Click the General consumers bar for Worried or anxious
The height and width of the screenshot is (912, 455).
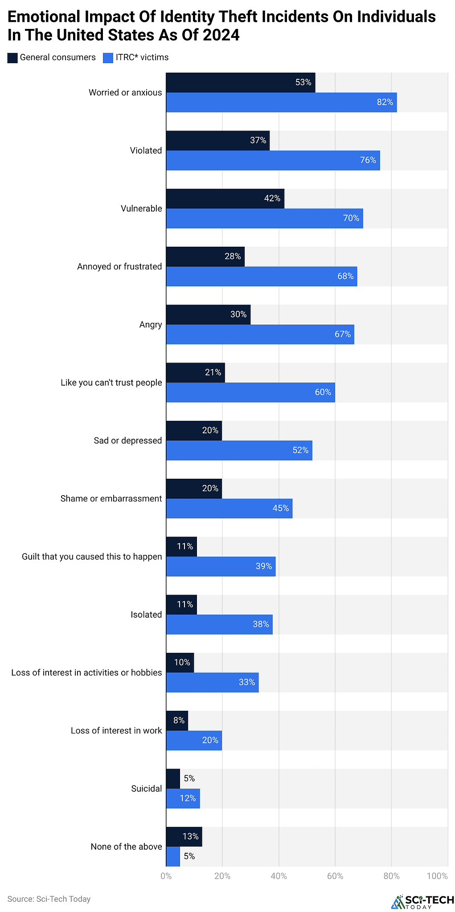click(241, 83)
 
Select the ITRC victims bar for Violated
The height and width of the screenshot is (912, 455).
click(273, 160)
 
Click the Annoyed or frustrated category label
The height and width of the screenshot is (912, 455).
click(119, 267)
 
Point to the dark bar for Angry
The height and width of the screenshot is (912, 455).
click(208, 314)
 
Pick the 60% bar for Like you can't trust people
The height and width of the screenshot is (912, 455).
click(250, 392)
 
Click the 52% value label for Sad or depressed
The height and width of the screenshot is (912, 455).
click(300, 450)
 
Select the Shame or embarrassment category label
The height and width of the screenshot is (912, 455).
click(111, 499)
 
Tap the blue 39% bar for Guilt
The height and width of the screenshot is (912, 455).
click(221, 566)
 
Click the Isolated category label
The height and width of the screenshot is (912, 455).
click(146, 615)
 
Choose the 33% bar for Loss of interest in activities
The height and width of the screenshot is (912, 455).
click(212, 682)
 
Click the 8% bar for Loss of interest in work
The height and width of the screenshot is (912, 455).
click(177, 721)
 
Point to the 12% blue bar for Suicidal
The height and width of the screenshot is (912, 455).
click(183, 798)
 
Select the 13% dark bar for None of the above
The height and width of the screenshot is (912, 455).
click(184, 837)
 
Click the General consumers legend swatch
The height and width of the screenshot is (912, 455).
click(12, 57)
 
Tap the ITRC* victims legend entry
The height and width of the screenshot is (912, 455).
click(136, 57)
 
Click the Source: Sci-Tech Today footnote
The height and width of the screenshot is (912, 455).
click(49, 899)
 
